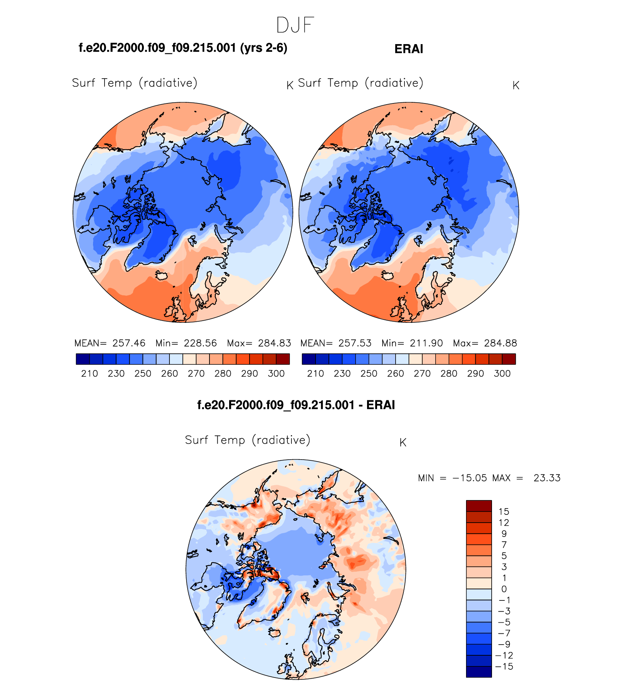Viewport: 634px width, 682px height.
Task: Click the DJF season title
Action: [x=295, y=26]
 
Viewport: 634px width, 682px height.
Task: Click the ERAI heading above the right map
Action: [x=409, y=49]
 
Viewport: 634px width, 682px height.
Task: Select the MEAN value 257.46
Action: [x=129, y=343]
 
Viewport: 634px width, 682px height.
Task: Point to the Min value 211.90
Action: [x=426, y=343]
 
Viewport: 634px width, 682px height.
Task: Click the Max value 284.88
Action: [x=501, y=343]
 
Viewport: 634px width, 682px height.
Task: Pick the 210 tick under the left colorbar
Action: [x=89, y=374]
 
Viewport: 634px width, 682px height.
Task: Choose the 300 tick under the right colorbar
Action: [x=502, y=374]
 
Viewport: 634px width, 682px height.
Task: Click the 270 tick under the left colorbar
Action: [x=196, y=374]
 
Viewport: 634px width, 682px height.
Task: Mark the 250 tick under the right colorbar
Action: [x=369, y=374]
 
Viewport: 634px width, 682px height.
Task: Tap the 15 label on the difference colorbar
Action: [x=504, y=512]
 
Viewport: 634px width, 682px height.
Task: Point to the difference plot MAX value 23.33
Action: [x=547, y=478]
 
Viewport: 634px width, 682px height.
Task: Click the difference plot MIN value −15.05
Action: [x=470, y=478]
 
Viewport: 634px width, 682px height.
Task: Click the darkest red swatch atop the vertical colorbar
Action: [x=479, y=506]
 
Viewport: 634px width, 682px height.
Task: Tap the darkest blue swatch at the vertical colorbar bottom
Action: [x=479, y=672]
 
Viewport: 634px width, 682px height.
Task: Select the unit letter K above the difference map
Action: [x=403, y=443]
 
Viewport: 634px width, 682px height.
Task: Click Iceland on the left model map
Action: [x=162, y=275]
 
